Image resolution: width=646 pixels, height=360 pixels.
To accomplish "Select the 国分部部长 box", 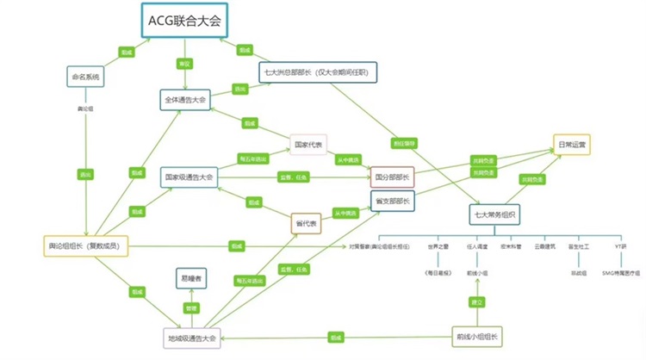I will click(x=392, y=177).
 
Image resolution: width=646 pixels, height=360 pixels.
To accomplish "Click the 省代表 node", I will click(x=306, y=223).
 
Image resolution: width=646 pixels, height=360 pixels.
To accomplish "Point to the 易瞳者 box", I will click(x=192, y=278).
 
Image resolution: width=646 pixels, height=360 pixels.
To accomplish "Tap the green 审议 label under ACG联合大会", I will click(x=183, y=64).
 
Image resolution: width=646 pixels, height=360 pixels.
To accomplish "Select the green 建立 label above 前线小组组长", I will click(x=475, y=302).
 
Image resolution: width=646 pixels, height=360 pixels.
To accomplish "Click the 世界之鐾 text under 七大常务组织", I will click(x=440, y=245).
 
